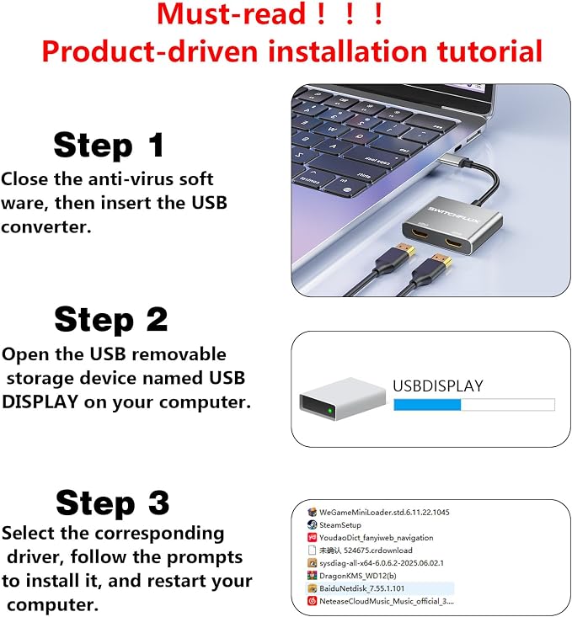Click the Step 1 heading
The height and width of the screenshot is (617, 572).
click(x=109, y=145)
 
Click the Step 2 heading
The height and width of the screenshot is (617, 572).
click(x=111, y=320)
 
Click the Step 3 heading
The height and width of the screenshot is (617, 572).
click(x=113, y=502)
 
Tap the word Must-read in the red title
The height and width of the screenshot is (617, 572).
click(x=231, y=13)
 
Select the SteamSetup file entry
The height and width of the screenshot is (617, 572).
click(x=340, y=525)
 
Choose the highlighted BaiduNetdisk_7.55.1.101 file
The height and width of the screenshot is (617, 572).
click(x=361, y=588)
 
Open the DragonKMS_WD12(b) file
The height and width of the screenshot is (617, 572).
click(x=358, y=576)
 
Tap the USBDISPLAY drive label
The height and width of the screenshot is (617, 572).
click(x=438, y=386)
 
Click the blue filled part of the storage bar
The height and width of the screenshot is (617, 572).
click(x=427, y=405)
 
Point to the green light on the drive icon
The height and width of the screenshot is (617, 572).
click(x=329, y=412)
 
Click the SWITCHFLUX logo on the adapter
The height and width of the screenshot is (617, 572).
click(x=453, y=215)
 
